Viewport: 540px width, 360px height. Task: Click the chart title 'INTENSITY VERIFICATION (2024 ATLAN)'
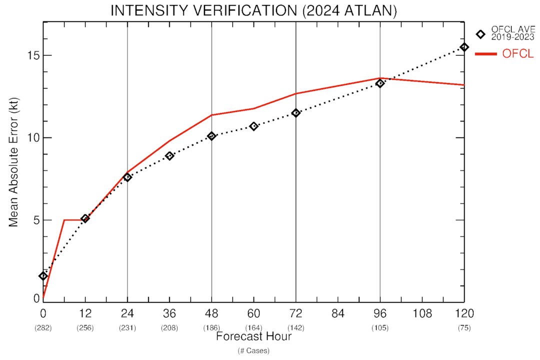click(x=253, y=11)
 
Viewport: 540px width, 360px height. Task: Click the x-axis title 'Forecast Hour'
click(x=253, y=337)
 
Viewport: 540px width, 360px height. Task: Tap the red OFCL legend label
click(x=518, y=54)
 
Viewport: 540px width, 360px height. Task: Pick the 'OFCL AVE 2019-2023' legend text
click(x=513, y=33)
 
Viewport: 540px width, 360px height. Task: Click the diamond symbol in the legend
click(x=480, y=34)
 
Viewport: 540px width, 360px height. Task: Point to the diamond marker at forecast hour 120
click(x=464, y=47)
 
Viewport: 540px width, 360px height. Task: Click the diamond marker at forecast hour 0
click(x=43, y=276)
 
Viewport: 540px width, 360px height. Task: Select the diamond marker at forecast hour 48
click(x=211, y=136)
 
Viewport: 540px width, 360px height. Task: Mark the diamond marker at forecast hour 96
click(x=380, y=83)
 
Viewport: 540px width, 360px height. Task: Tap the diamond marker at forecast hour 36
click(x=169, y=156)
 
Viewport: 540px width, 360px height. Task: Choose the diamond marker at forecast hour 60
click(x=254, y=126)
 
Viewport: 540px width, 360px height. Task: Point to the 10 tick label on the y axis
click(x=32, y=138)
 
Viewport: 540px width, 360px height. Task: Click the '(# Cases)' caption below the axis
click(x=253, y=351)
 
